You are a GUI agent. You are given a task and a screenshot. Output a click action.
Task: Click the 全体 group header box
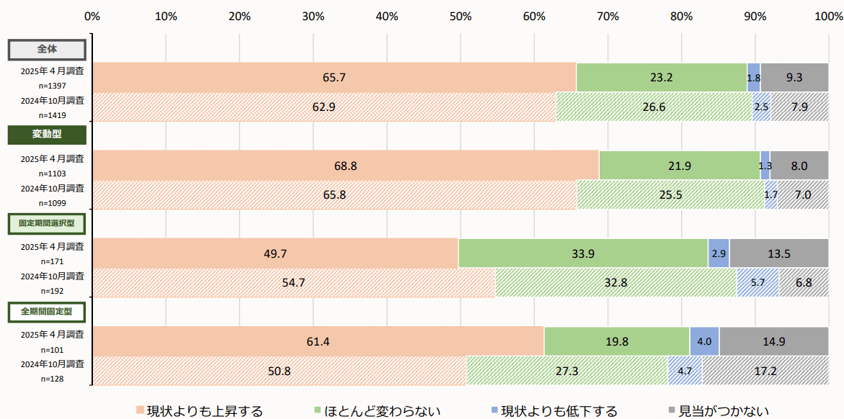coord(47,50)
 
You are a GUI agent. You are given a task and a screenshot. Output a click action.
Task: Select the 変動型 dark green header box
coord(47,135)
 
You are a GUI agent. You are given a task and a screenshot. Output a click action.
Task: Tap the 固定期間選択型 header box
coord(47,223)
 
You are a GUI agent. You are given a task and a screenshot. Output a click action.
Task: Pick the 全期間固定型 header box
coord(47,311)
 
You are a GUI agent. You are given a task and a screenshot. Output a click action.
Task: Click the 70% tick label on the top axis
coord(608,17)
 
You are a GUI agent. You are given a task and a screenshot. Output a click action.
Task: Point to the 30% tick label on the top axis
coord(313,17)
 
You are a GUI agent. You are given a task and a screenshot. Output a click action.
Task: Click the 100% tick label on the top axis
coord(828,17)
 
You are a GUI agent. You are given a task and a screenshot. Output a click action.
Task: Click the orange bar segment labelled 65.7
coord(334,77)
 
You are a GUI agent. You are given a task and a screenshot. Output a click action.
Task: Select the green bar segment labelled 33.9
coord(583,253)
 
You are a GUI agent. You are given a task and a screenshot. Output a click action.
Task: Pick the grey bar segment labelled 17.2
coord(765,371)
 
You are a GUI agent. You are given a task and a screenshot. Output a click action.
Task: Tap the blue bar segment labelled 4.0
coord(704,341)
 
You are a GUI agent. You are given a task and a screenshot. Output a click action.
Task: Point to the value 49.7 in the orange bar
coord(275,253)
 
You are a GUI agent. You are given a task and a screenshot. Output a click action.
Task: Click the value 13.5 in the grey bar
coord(779,253)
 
